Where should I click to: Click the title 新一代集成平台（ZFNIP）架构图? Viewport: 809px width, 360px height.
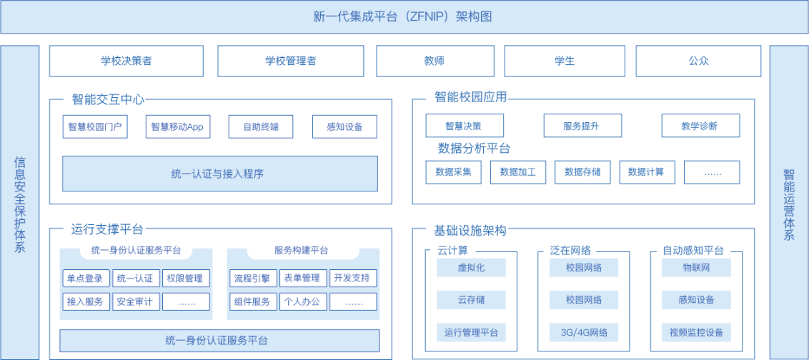[x=404, y=16]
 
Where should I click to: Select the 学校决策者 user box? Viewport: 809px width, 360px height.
[x=126, y=61]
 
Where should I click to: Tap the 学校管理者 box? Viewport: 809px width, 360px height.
[x=290, y=61]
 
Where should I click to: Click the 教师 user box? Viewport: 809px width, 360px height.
[x=435, y=61]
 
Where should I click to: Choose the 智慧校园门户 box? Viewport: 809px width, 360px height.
[x=95, y=127]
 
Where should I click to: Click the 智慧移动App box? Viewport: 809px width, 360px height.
[x=177, y=127]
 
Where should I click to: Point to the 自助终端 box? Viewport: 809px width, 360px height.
[x=261, y=127]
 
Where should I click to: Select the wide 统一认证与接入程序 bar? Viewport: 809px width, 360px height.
[x=219, y=174]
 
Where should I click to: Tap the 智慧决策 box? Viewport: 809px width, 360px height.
[x=464, y=126]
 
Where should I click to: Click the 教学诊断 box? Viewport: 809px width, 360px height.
[x=700, y=126]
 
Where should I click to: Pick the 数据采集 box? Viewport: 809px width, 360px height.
[x=453, y=172]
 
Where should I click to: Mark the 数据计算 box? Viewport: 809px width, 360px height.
[x=646, y=172]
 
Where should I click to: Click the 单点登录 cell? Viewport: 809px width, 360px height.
[x=84, y=279]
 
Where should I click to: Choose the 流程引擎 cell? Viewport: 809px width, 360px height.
[x=252, y=279]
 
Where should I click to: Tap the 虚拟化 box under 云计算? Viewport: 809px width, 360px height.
[x=471, y=268]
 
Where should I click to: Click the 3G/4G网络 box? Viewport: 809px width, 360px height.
[x=584, y=332]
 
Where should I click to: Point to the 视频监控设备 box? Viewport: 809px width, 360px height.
[x=696, y=332]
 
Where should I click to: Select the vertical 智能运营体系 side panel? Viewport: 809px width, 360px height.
[x=788, y=204]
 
